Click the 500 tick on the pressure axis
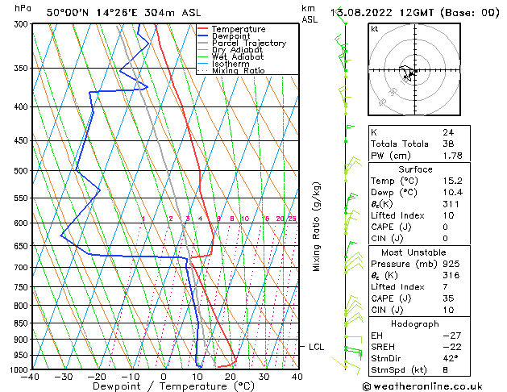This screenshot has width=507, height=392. coord(22,171)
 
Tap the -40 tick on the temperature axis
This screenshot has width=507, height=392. coord(32,376)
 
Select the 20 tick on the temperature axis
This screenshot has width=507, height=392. coord(231,376)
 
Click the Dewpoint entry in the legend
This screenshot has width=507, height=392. coord(233,36)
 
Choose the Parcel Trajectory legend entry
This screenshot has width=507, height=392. coord(248,44)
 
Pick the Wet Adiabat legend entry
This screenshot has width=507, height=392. coord(237,57)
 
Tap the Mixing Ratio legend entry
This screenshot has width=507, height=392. coord(239,71)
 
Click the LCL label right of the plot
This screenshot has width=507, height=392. coord(317,347)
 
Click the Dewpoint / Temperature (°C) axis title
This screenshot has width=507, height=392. coord(164,386)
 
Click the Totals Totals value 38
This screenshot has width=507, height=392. coord(448,144)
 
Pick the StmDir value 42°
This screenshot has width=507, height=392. coord(451,358)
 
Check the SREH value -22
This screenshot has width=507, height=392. coord(451,347)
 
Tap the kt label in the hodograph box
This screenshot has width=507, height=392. coord(374,28)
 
